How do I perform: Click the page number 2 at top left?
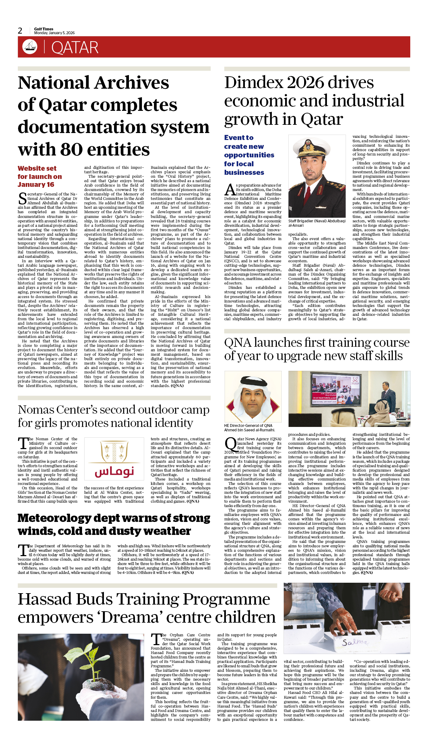click(20, 31)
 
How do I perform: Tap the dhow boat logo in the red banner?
click(30, 47)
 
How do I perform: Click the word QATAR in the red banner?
click(75, 48)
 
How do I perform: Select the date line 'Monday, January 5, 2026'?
click(54, 33)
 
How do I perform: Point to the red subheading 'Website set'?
click(37, 168)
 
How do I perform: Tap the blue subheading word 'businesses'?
click(244, 173)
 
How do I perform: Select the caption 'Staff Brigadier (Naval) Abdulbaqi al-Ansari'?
click(317, 223)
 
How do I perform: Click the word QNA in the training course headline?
click(237, 343)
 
